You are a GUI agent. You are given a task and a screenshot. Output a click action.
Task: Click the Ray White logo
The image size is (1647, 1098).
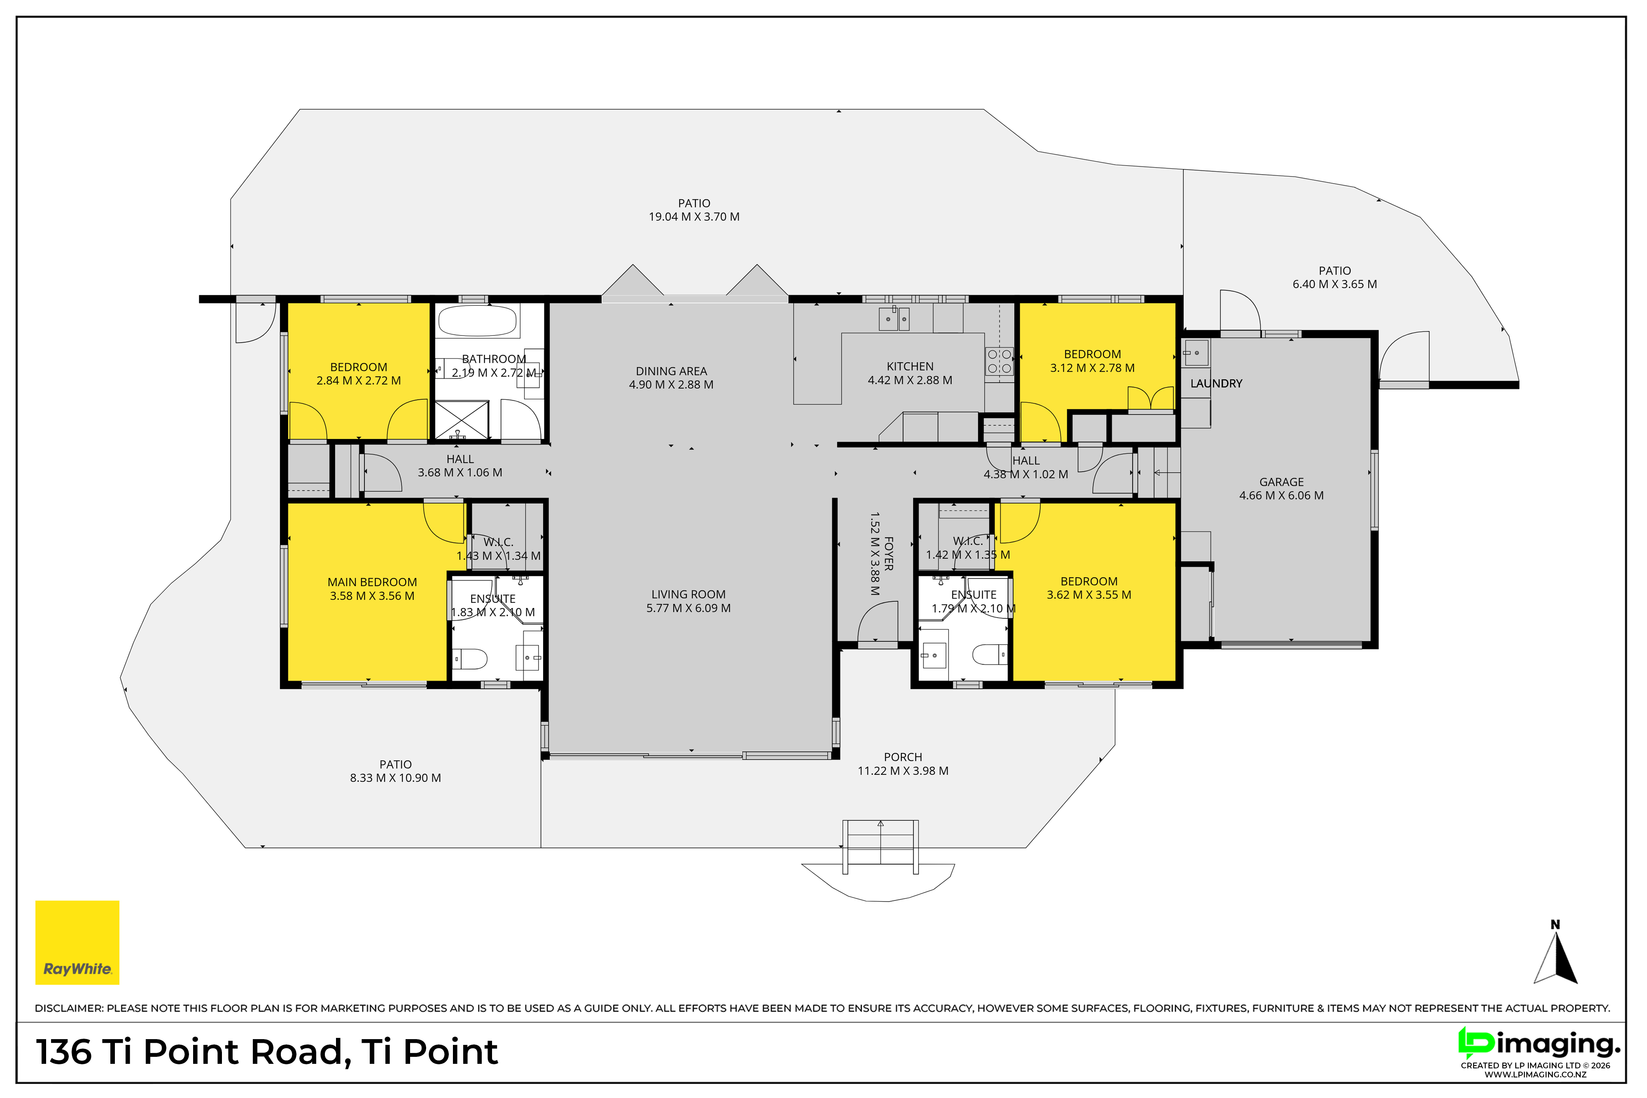click(x=77, y=942)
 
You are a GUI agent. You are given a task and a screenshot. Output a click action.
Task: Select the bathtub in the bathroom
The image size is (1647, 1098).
click(x=478, y=322)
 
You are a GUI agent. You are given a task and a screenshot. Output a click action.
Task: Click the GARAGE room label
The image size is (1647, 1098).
click(x=1281, y=482)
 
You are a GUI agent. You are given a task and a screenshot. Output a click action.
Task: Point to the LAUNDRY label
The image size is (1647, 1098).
click(x=1216, y=384)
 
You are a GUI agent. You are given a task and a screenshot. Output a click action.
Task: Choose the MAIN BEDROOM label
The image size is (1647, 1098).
click(x=372, y=582)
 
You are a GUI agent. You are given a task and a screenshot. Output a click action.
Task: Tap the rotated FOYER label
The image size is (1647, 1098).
click(x=889, y=553)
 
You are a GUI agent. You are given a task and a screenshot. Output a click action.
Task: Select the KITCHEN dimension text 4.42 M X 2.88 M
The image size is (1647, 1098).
click(x=910, y=380)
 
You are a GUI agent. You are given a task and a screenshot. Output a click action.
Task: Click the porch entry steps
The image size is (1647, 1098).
click(x=880, y=846)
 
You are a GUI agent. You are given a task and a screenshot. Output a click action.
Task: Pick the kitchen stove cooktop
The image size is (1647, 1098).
click(x=999, y=361)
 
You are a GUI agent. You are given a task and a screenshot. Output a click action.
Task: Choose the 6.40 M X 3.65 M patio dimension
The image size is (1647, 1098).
click(x=1334, y=284)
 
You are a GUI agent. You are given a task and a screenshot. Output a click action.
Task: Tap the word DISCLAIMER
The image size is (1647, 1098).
click(x=69, y=1008)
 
